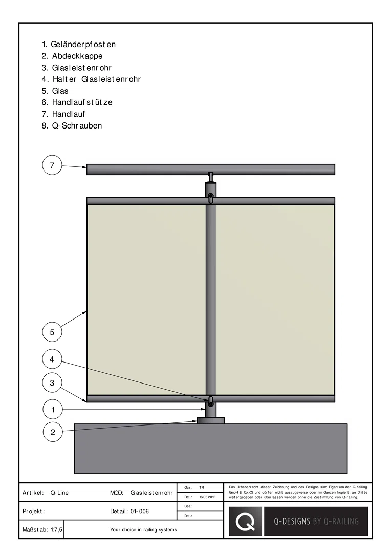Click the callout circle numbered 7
[52, 165]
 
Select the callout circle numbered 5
[52, 332]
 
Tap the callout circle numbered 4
[52, 359]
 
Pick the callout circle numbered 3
[52, 382]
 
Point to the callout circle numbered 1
[53, 410]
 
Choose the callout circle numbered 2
[53, 432]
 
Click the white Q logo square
[245, 521]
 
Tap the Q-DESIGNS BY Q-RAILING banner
[316, 521]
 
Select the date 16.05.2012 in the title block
[207, 497]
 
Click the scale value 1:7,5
[56, 530]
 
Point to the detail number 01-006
[140, 511]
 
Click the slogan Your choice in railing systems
[143, 530]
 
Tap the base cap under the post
[210, 420]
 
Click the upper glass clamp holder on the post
[210, 197]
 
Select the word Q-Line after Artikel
[59, 493]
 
